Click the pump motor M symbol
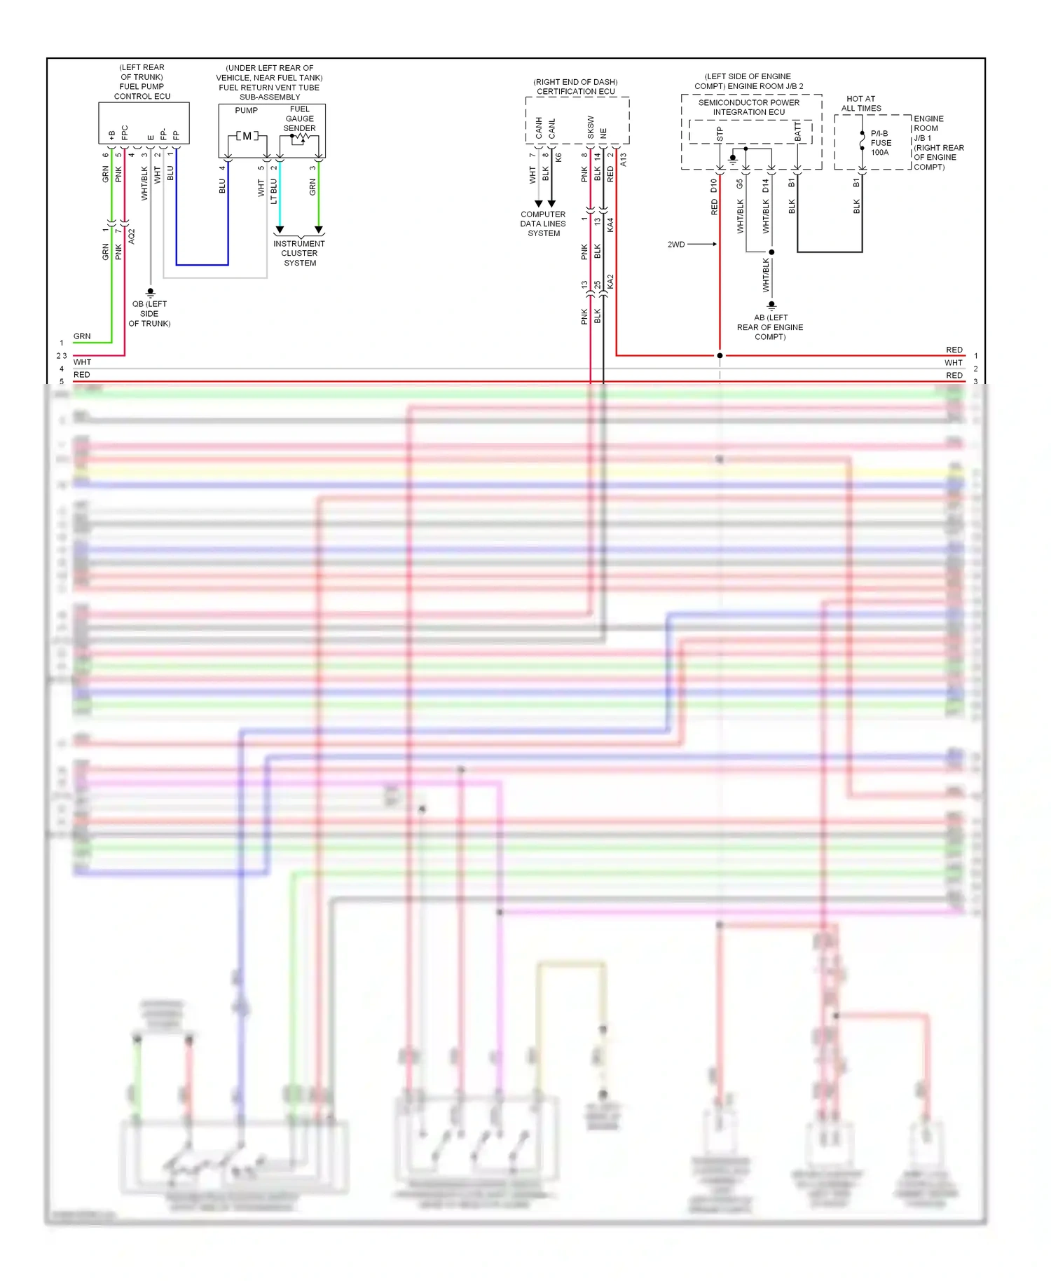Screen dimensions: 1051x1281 pyautogui.click(x=247, y=136)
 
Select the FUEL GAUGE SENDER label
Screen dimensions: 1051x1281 pyautogui.click(x=299, y=118)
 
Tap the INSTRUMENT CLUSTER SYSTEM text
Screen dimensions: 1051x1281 pyautogui.click(x=299, y=253)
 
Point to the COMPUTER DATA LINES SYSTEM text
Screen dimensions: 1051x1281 pyautogui.click(x=543, y=224)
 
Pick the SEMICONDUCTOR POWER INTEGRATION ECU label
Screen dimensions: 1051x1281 pyautogui.click(x=748, y=107)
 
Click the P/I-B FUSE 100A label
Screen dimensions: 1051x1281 pyautogui.click(x=880, y=143)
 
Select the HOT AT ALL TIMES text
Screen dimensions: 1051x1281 pyautogui.click(x=860, y=103)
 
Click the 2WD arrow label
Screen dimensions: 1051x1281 pyautogui.click(x=676, y=245)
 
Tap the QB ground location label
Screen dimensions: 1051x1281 pyautogui.click(x=149, y=313)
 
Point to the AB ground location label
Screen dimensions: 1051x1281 pyautogui.click(x=770, y=327)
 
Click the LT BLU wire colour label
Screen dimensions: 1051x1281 pyautogui.click(x=274, y=191)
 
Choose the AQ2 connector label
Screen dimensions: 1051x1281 pyautogui.click(x=131, y=235)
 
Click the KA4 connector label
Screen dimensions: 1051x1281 pyautogui.click(x=610, y=224)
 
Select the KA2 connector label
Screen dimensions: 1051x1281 pyautogui.click(x=610, y=281)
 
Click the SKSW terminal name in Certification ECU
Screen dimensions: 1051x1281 pyautogui.click(x=591, y=127)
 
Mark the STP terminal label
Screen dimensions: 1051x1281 pyautogui.click(x=720, y=134)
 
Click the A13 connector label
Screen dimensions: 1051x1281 pyautogui.click(x=623, y=159)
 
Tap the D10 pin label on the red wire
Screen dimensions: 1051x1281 pyautogui.click(x=713, y=186)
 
